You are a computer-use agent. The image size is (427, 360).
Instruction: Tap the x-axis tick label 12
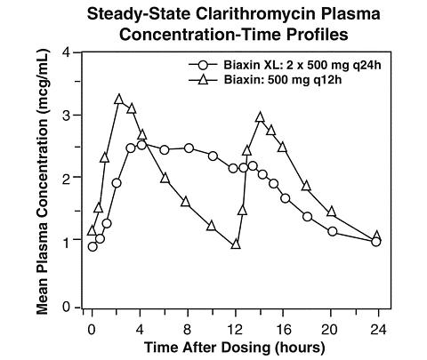[236, 329]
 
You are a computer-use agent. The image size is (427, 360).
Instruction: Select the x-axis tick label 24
[378, 329]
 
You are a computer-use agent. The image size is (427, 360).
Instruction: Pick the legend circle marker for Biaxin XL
[205, 65]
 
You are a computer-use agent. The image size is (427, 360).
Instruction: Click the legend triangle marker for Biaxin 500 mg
[205, 79]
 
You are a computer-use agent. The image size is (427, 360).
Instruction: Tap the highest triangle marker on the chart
[118, 100]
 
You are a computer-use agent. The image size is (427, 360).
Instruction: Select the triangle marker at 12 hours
[236, 244]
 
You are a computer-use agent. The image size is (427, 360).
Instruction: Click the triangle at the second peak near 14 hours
[260, 117]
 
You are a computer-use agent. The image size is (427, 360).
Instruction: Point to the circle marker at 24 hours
[376, 242]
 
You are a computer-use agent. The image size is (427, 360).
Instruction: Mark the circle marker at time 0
[93, 246]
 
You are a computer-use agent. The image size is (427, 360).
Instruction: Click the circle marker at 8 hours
[189, 148]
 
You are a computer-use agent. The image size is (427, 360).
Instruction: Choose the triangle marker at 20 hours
[331, 212]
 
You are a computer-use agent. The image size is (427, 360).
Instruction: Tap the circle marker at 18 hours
[308, 217]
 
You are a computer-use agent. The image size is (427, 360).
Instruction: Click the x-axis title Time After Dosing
[207, 348]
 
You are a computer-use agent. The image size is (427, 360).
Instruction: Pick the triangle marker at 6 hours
[165, 179]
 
